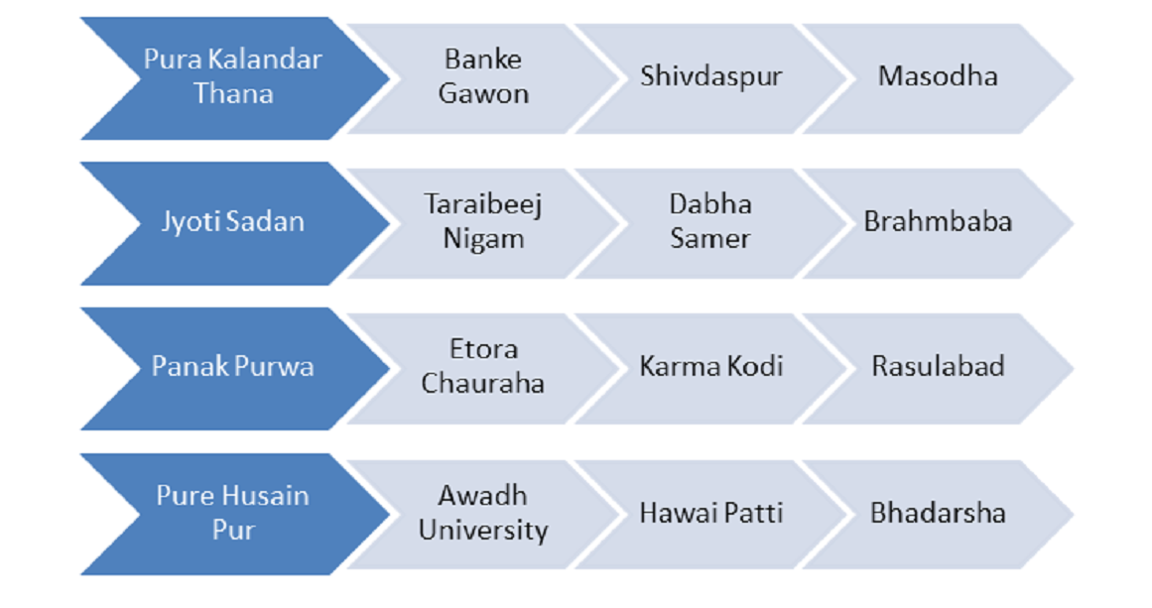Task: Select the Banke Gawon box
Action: pos(483,77)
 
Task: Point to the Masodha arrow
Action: pos(939,77)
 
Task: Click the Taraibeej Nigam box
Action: pos(483,223)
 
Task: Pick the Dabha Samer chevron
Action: pos(710,223)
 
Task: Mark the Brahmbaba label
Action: pos(938,221)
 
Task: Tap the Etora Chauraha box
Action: pos(483,369)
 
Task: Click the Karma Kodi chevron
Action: pos(710,369)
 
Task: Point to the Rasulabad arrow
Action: pos(939,369)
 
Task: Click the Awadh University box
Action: pos(483,514)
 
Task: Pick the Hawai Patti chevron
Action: pos(710,514)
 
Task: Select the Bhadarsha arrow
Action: pos(939,514)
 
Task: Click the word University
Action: pos(483,531)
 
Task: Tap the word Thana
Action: pos(233,94)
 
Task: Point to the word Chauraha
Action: pos(482,383)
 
